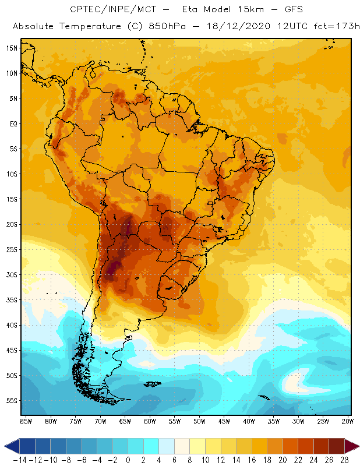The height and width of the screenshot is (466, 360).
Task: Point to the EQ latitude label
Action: coord(12,123)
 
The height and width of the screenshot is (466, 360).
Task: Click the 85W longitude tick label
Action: coord(26,421)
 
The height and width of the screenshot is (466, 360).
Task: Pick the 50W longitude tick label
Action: coord(199,421)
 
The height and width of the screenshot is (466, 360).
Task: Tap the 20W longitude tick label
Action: coord(348,421)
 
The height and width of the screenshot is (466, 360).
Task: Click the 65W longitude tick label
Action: coord(125,421)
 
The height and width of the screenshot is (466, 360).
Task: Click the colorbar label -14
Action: coord(19,460)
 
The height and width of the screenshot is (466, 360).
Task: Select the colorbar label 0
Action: coord(128,460)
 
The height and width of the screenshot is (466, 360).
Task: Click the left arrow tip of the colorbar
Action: coord(5,446)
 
